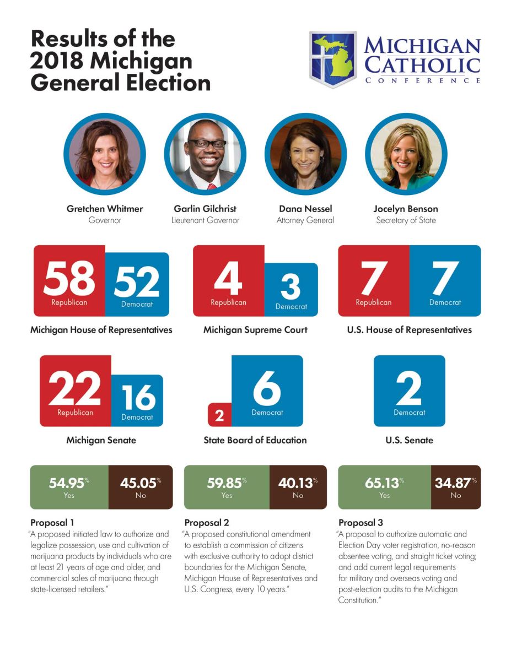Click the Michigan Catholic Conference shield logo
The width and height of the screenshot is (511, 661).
pos(332,59)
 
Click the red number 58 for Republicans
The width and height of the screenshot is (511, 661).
pos(69,278)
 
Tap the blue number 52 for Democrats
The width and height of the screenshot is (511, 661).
pos(137,281)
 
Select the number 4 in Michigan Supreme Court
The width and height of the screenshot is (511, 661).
pos(228,278)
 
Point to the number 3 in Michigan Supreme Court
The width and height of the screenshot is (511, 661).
pos(291,286)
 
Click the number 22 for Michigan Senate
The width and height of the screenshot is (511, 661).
pos(75,388)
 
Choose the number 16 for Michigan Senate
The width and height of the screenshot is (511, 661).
pos(137,397)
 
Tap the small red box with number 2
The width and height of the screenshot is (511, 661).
pos(219,415)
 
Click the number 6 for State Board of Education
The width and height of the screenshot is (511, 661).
pos(267,388)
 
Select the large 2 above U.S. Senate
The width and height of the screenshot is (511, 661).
pos(409,388)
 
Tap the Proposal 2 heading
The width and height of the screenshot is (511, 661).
pos(207,523)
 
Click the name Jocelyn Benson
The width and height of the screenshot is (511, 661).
pos(406,209)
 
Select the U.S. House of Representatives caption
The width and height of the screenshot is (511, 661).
pos(409,330)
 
